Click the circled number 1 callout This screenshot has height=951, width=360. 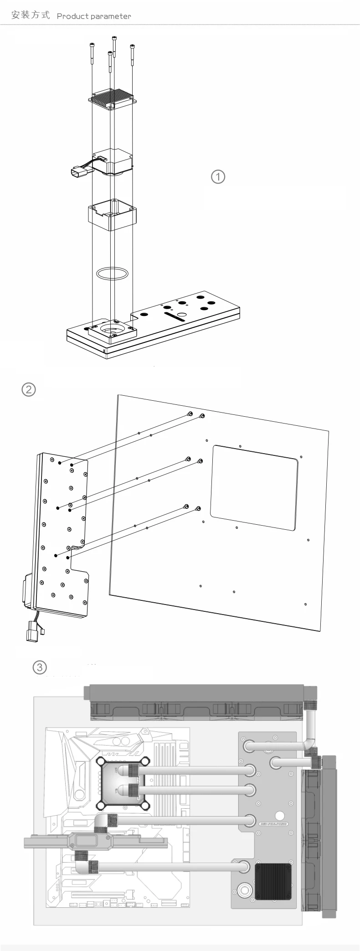coord(218,176)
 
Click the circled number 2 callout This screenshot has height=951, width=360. coord(28,389)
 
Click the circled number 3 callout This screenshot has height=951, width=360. coord(40,667)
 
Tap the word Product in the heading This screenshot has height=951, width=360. coord(72,16)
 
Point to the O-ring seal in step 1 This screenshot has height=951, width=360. coord(112,274)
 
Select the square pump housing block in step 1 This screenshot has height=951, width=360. coord(112,214)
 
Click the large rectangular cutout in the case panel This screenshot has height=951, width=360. coord(255,488)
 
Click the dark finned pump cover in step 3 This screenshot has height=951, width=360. coord(273,880)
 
